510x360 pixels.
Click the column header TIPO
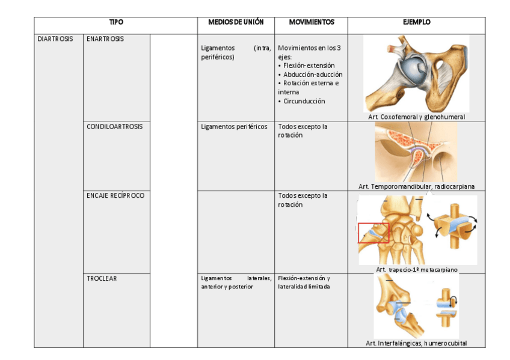tap(116, 22)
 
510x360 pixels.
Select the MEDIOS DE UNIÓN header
tap(236, 22)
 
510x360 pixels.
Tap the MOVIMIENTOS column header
tap(311, 22)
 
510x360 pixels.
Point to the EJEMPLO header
tap(416, 22)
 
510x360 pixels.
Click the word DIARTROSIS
tap(55, 38)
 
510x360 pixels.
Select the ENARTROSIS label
tap(105, 38)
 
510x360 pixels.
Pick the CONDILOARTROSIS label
tap(115, 126)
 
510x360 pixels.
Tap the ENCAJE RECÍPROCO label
tap(115, 195)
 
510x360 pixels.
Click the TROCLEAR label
tap(102, 278)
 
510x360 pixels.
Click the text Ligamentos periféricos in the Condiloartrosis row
tap(234, 127)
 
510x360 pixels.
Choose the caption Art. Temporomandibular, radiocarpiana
tap(416, 186)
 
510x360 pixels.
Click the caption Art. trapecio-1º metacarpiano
tap(416, 269)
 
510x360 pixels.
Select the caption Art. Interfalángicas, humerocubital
tap(416, 343)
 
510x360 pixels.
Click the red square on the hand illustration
tap(373, 233)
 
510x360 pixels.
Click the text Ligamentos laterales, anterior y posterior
tap(236, 282)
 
